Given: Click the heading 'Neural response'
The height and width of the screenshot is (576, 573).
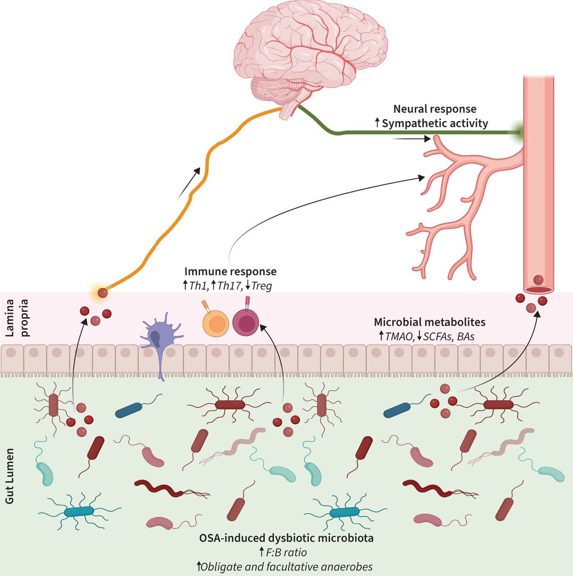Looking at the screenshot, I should click(x=435, y=109).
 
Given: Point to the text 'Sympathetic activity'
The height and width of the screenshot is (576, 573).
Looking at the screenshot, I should click(x=435, y=124).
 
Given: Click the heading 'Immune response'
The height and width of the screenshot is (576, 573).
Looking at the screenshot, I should click(x=230, y=272).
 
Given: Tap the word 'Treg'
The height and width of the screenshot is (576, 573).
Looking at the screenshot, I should click(x=262, y=286).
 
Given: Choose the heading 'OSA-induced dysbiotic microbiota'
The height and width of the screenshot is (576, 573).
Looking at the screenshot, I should click(x=286, y=539).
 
